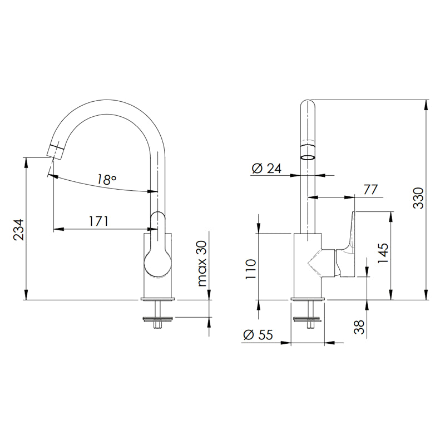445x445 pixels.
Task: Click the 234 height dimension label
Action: coord(19,230)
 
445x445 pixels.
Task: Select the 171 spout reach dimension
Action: coord(99,221)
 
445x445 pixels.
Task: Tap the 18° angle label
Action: coord(106,180)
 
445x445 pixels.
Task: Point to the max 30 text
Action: coord(202,263)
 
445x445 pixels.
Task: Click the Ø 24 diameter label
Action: coord(266,169)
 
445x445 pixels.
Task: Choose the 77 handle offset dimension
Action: coord(370,190)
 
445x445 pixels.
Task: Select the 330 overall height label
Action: coord(418,198)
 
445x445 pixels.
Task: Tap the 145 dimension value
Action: coord(383,253)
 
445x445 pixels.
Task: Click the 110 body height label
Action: coord(251,269)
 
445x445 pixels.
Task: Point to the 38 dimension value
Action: coord(359,327)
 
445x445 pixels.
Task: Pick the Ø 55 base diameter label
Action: coord(258,335)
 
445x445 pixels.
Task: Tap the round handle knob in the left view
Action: coord(158,263)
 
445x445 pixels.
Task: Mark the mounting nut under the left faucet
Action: coord(158,319)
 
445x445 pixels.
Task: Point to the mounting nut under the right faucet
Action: coord(308,319)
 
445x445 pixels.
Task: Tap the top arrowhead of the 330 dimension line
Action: coord(426,105)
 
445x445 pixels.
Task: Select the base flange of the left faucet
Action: coord(158,299)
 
